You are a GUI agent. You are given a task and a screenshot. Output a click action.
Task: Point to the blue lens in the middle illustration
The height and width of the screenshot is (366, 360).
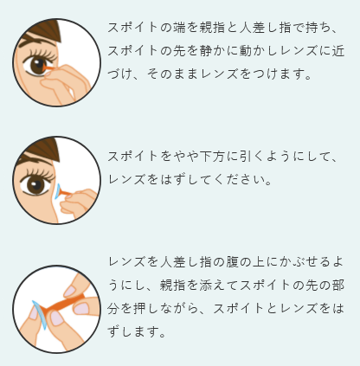click(x=57, y=192)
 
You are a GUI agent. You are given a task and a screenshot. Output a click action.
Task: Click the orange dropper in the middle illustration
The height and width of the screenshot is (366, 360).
click(x=66, y=194)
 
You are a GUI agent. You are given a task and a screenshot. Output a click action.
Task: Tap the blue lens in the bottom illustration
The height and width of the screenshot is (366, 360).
click(x=39, y=315)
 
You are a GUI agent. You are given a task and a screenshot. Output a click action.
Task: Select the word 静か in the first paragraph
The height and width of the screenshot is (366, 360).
click(x=211, y=51)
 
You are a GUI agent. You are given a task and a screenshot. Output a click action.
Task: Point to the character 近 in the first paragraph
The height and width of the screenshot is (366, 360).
click(x=338, y=51)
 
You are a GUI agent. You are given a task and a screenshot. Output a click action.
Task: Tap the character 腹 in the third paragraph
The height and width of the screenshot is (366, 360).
click(x=231, y=262)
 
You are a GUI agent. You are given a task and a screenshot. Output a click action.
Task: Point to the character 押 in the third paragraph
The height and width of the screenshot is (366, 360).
click(x=139, y=309)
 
